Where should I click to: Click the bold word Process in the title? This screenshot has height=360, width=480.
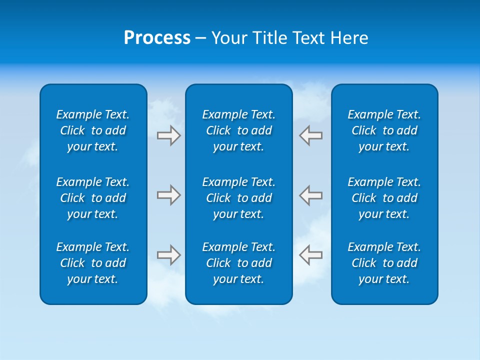point(157,38)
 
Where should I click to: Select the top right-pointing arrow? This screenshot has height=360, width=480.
point(168,135)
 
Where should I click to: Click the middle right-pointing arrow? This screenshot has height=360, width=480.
point(168,195)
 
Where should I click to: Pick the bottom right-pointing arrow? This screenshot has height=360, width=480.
point(168,254)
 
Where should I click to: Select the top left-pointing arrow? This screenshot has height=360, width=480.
point(311,135)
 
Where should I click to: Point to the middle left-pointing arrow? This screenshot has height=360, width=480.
point(311,195)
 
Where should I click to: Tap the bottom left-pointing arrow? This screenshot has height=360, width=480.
point(311,254)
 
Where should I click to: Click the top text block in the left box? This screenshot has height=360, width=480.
point(93,130)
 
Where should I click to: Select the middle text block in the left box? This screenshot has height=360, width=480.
point(93,198)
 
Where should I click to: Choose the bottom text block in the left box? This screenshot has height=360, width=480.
point(93,263)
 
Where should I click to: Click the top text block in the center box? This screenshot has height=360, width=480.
point(238,130)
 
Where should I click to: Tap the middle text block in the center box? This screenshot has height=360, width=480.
point(238,198)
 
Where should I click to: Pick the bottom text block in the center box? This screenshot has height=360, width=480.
point(238,263)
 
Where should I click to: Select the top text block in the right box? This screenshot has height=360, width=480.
point(384,130)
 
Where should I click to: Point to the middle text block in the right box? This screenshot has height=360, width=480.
point(384,198)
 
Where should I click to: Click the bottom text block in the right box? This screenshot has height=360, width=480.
point(384,263)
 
